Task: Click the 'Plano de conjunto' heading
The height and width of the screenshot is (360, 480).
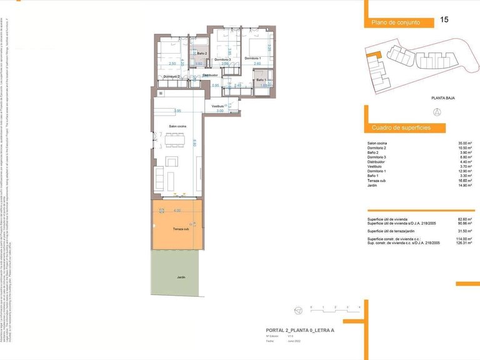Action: (x=394, y=22)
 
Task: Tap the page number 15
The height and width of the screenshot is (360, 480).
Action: (x=444, y=20)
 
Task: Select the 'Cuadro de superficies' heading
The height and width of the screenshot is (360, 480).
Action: (x=401, y=128)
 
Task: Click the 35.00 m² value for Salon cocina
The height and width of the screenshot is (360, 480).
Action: (x=465, y=143)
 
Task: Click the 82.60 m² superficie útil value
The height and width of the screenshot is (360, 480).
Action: (x=465, y=219)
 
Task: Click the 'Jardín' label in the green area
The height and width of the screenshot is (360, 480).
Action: (x=181, y=277)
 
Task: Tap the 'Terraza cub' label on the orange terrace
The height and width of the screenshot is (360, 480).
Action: (x=181, y=229)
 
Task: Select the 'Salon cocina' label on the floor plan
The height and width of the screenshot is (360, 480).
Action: (x=177, y=126)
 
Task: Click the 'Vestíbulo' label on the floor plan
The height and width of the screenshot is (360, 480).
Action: (x=217, y=106)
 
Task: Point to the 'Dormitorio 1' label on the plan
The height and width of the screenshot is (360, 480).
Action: (x=252, y=59)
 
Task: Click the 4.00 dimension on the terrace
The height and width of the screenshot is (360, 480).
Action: (x=177, y=211)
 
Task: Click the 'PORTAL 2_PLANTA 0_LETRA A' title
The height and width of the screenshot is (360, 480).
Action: (x=296, y=330)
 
